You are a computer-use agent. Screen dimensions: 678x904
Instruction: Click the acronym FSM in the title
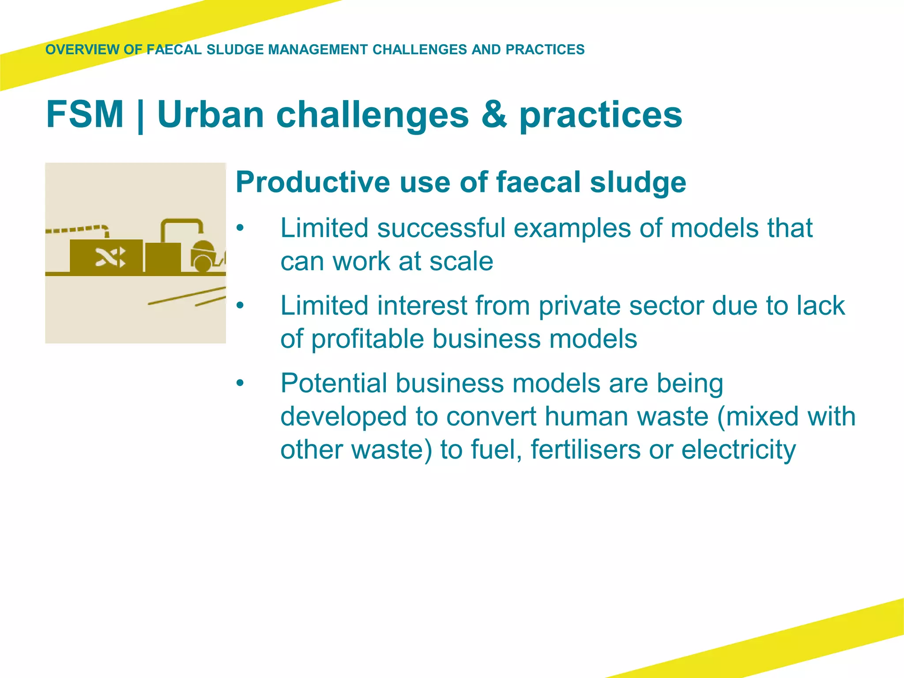85,114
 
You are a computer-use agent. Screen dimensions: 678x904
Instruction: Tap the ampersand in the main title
494,114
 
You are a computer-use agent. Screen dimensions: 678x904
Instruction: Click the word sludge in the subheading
638,182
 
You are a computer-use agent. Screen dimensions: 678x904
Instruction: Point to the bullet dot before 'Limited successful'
240,228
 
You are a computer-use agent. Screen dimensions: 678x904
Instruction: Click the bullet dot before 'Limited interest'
240,305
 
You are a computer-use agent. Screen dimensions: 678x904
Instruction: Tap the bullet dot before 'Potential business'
240,383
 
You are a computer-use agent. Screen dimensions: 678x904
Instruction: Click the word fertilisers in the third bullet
585,449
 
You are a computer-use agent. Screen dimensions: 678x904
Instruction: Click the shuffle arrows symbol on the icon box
110,257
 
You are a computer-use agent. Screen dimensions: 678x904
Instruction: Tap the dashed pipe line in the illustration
75,230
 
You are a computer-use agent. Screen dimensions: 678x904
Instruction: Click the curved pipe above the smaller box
181,223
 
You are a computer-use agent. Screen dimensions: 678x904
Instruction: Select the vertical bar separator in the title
140,116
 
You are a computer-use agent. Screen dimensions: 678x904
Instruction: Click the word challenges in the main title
372,114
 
